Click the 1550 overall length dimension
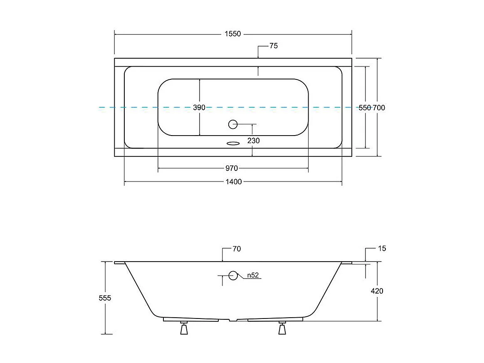point(233,34)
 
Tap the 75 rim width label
point(274,46)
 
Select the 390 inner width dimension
point(199,107)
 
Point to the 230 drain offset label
point(253,141)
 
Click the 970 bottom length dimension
point(232,168)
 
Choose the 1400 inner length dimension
point(234,181)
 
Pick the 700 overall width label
point(379,108)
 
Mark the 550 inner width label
point(365,108)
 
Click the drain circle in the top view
point(233,124)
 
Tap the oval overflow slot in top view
point(233,143)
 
